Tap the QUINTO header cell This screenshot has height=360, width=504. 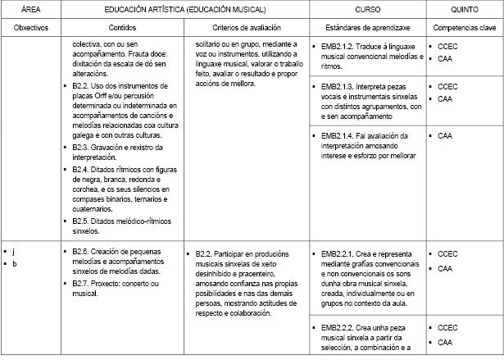[465, 9]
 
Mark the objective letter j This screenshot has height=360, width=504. [14, 251]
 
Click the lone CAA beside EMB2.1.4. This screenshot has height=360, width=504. [445, 135]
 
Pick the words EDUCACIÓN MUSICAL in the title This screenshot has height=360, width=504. [229, 9]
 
